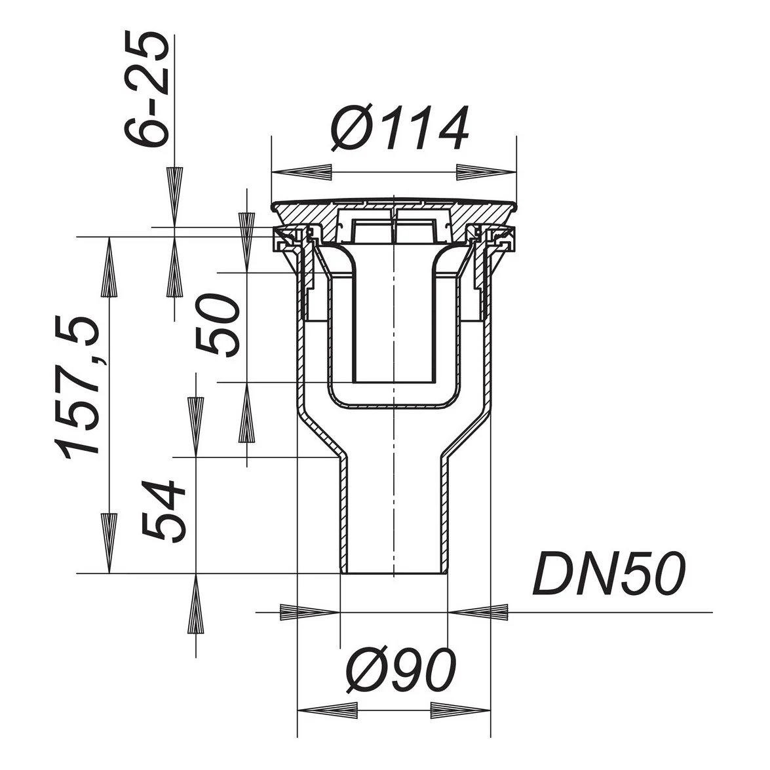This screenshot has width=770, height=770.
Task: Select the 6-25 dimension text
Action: pos(145,88)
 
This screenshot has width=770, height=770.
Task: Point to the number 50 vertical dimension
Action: pos(218,325)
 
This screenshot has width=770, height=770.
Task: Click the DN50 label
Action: pos(608,573)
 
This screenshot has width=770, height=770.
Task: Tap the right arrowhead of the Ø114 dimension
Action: pos(487,172)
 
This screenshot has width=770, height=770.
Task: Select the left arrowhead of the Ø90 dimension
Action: pos(328,710)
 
